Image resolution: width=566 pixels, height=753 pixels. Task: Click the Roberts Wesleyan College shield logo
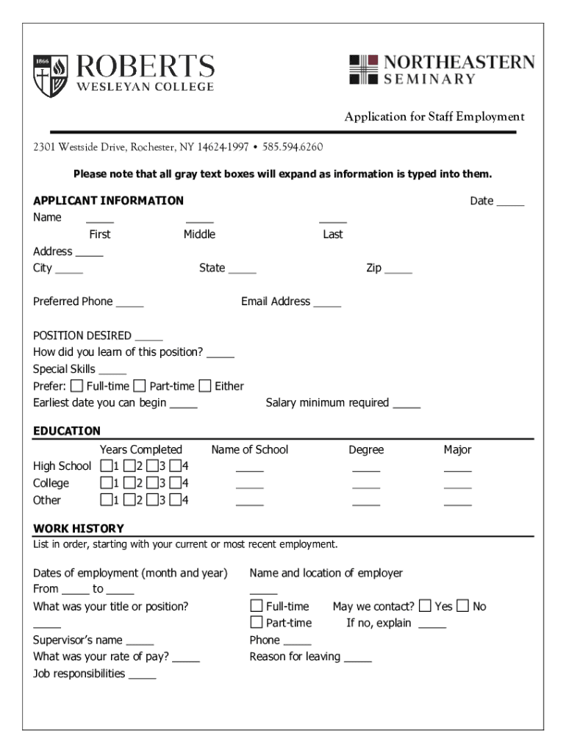(x=51, y=76)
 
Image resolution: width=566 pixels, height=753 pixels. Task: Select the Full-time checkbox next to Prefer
(x=77, y=386)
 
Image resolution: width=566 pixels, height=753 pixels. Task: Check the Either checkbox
(x=205, y=386)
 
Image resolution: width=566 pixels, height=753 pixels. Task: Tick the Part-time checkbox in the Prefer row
(x=140, y=386)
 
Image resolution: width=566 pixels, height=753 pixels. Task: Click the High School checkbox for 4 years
(x=175, y=466)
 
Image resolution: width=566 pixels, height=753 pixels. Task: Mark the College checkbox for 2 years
(x=129, y=483)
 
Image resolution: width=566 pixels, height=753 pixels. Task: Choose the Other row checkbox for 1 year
(x=107, y=500)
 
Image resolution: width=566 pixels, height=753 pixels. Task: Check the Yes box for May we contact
(x=426, y=606)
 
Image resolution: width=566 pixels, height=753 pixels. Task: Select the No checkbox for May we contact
(x=463, y=606)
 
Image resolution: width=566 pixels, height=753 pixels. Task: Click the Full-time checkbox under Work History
(x=257, y=606)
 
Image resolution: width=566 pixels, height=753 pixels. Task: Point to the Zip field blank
(x=398, y=269)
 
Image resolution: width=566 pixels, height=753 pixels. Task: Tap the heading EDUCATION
(x=67, y=431)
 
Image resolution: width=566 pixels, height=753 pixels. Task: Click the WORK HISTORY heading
(x=79, y=529)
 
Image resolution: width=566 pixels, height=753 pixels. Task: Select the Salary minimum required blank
(x=406, y=404)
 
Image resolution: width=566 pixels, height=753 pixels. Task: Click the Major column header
(x=457, y=449)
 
